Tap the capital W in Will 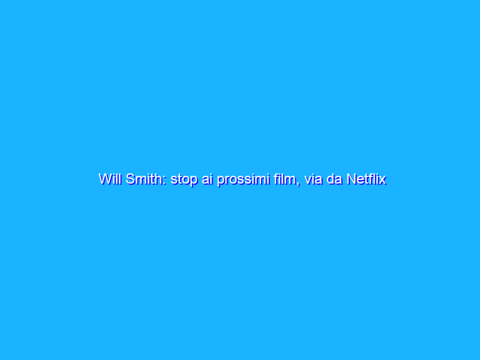(104, 179)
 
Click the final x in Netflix (382, 180)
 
